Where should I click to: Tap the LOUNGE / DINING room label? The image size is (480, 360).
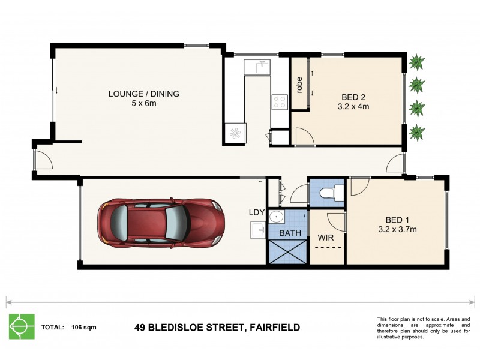coord(143,94)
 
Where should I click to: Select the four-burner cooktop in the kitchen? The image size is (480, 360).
coord(279,103)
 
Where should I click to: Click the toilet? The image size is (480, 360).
coord(329,192)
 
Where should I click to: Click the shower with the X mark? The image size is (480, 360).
coord(287,251)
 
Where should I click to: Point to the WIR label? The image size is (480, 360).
coord(326,238)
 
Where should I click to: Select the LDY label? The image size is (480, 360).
coord(257,212)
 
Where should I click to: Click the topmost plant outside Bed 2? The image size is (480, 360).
coord(415,62)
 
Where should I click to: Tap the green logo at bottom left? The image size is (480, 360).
coord(21,327)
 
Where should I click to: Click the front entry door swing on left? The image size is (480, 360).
coord(42,159)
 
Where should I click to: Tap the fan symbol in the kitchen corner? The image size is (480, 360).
coord(235,133)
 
